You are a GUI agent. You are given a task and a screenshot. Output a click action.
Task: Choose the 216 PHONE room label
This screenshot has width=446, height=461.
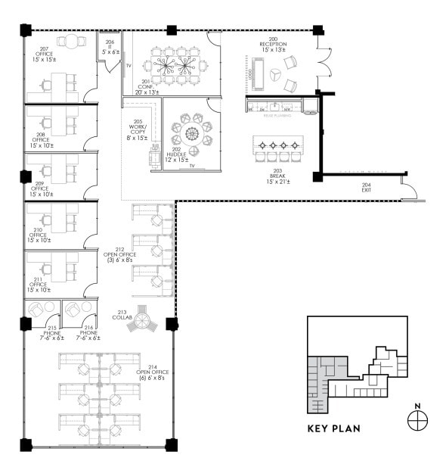click(88, 334)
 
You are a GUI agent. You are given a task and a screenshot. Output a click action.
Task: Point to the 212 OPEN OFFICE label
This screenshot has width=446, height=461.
click(119, 255)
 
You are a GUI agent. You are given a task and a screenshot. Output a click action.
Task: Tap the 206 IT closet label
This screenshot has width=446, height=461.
click(110, 48)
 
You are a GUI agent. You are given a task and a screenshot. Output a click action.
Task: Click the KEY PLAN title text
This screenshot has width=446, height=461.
click(333, 428)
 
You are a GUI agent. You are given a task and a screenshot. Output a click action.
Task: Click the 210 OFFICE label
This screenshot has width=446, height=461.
click(39, 235)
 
